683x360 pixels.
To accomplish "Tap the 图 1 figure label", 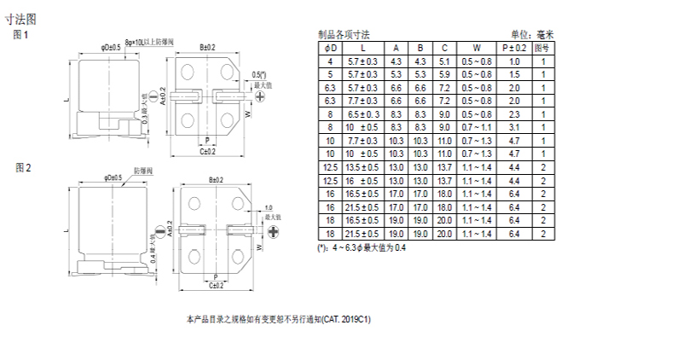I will coord(22,35).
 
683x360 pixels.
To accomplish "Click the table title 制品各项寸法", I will coord(344,35).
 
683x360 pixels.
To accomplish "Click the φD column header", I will coord(331,49).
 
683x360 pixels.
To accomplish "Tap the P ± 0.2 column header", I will coord(514,49).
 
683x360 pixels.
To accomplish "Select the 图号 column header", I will coord(541,49).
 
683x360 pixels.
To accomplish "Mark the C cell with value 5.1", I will coord(444,61).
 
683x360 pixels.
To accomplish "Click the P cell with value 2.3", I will coord(514,113).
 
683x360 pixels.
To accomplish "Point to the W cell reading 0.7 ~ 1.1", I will coord(477,127).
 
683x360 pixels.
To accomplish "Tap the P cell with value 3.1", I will coord(514,127).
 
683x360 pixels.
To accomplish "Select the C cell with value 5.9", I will coord(444,74).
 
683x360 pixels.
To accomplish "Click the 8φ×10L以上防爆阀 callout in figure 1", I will coord(149,42).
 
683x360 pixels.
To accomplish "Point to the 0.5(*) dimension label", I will coord(259,75).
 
